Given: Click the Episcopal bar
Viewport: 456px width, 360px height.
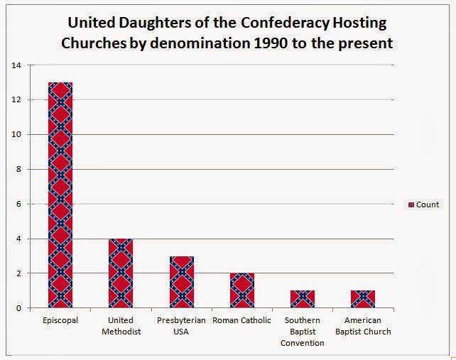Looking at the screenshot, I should pyautogui.click(x=60, y=195).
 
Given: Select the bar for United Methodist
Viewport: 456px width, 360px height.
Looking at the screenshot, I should pyautogui.click(x=121, y=273).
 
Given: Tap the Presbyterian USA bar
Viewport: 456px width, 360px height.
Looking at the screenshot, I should pyautogui.click(x=182, y=282).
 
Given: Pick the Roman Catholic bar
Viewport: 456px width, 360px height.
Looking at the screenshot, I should pyautogui.click(x=242, y=290).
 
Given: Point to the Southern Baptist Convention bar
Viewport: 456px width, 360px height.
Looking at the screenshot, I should pyautogui.click(x=303, y=299).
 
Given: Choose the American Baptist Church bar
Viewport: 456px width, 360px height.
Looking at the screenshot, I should pyautogui.click(x=364, y=299).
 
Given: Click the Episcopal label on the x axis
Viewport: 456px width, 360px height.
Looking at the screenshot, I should pyautogui.click(x=60, y=320).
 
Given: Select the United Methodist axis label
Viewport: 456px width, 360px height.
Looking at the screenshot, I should pyautogui.click(x=121, y=326).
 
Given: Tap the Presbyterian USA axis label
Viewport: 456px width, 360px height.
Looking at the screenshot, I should pyautogui.click(x=182, y=326).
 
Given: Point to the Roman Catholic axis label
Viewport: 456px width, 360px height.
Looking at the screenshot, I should pyautogui.click(x=242, y=320).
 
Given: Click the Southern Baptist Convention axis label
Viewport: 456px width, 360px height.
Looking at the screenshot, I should pyautogui.click(x=303, y=332).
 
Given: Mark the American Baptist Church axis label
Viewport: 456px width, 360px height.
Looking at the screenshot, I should pyautogui.click(x=364, y=326).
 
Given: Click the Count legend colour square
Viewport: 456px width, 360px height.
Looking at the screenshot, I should pyautogui.click(x=411, y=205).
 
